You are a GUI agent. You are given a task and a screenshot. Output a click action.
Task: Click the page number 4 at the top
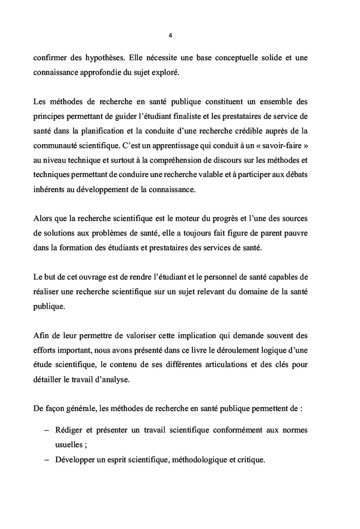pyautogui.click(x=170, y=36)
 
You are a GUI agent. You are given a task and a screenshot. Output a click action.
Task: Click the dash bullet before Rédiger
pyautogui.click(x=47, y=429)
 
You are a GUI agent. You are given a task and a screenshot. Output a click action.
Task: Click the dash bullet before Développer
pyautogui.click(x=47, y=458)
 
